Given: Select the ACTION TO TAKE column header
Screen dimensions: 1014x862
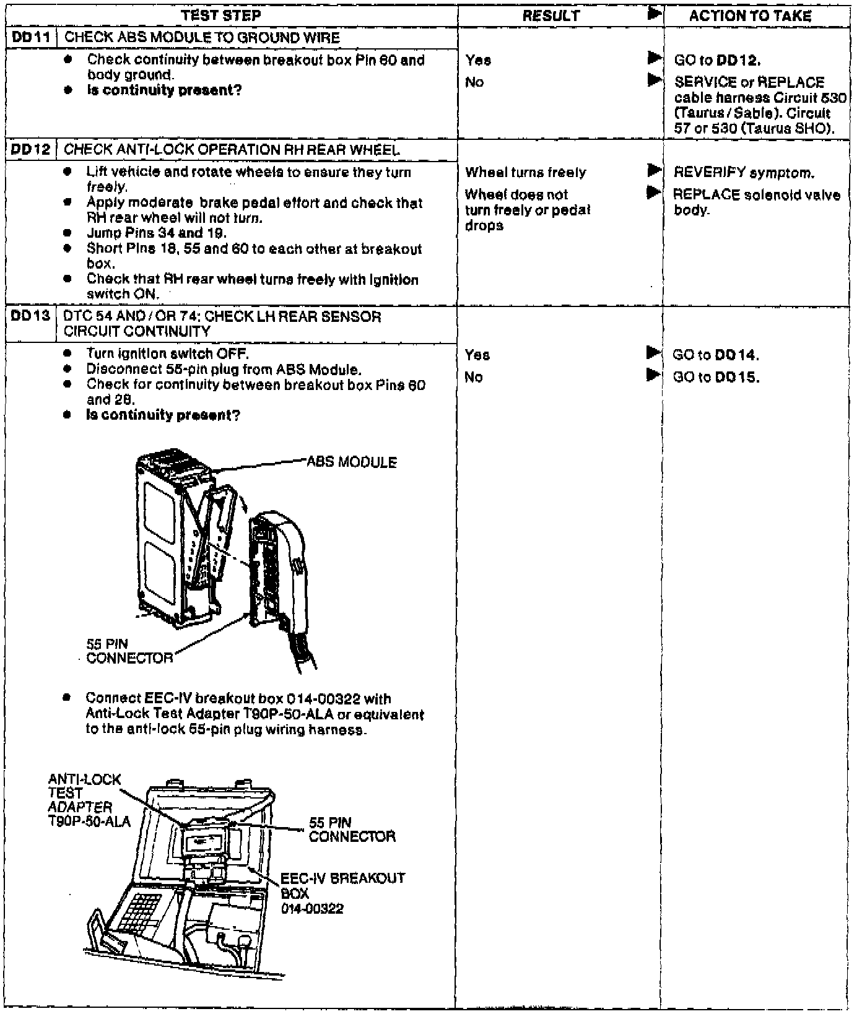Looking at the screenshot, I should click(x=750, y=15).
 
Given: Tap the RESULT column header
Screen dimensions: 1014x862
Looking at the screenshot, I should click(x=551, y=15).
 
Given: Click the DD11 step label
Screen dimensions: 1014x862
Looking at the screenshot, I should click(x=30, y=38).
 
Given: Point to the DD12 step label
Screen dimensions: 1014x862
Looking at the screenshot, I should click(x=30, y=150).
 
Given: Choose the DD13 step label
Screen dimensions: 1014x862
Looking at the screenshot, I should click(x=30, y=316).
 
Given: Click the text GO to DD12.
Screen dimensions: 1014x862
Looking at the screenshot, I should click(x=717, y=60).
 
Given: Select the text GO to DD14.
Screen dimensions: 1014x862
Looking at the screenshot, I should click(x=715, y=355).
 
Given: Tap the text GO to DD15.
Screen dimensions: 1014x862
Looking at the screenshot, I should click(x=715, y=377).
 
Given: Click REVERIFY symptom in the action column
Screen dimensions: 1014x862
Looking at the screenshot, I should click(x=744, y=173).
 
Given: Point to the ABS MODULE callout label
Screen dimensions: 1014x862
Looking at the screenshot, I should click(x=351, y=462).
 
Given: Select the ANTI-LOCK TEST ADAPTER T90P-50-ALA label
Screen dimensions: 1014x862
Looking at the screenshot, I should click(x=88, y=800).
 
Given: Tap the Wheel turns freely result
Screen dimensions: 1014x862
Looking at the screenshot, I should click(x=525, y=173).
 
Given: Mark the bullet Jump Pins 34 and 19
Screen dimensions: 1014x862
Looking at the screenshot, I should click(x=156, y=233).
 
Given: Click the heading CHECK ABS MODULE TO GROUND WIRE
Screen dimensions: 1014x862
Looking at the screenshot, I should click(x=202, y=38).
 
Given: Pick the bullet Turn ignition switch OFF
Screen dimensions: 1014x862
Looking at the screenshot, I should click(x=167, y=354).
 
